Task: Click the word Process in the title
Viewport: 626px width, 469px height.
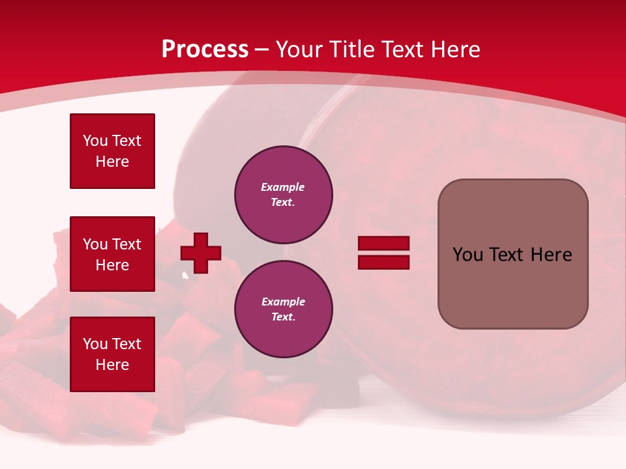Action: [205, 50]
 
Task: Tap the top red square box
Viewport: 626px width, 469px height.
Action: [112, 151]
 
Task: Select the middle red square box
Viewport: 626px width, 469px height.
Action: [112, 254]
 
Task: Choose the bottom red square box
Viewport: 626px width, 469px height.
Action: [112, 354]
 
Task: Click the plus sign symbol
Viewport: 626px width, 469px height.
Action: [201, 253]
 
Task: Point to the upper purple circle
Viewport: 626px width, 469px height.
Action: [284, 195]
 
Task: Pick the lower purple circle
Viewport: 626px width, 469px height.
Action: [284, 309]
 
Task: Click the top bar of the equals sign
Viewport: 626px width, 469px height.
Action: [383, 244]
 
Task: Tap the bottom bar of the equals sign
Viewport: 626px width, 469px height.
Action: [383, 263]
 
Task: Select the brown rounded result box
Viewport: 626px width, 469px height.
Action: [513, 254]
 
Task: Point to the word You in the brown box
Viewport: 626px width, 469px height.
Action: [467, 255]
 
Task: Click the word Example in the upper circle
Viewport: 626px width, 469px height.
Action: [283, 188]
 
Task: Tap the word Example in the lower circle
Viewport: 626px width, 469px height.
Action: [283, 302]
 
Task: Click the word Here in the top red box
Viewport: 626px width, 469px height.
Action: [112, 162]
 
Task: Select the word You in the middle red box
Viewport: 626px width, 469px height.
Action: [95, 244]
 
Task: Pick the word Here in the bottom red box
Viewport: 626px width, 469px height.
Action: [112, 365]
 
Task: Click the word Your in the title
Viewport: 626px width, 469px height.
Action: [299, 50]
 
